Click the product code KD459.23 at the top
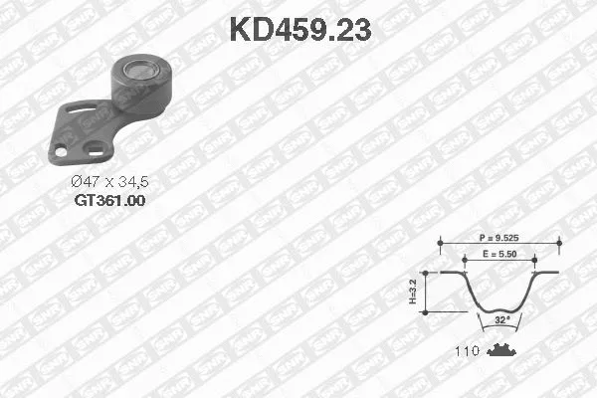point(299,30)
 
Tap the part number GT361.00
point(109,201)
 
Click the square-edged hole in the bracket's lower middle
point(97,150)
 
